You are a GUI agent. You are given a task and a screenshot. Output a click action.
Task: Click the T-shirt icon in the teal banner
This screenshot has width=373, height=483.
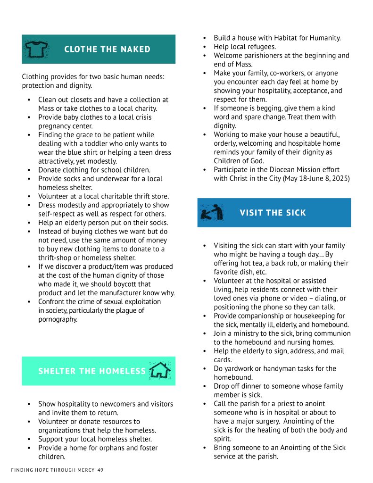click(36, 49)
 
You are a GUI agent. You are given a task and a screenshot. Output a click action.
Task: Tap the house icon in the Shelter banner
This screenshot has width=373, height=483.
click(159, 371)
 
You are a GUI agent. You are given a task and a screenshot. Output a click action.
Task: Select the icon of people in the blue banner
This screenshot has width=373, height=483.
click(209, 213)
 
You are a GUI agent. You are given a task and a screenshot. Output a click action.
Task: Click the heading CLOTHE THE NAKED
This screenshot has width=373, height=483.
click(107, 50)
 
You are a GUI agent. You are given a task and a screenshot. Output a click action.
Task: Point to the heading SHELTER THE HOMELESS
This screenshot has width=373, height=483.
click(92, 371)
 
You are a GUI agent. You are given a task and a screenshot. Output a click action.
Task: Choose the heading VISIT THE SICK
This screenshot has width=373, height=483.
click(273, 213)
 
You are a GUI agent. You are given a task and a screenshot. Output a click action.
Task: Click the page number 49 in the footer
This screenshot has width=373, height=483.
click(100, 470)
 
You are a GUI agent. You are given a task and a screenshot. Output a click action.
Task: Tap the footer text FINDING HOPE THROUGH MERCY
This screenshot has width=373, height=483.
click(53, 470)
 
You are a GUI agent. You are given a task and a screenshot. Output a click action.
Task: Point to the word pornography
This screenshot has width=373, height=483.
click(58, 319)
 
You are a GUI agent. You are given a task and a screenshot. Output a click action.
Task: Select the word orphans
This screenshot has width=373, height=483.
click(107, 448)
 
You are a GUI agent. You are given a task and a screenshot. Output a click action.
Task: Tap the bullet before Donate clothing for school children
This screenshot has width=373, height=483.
click(29, 170)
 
